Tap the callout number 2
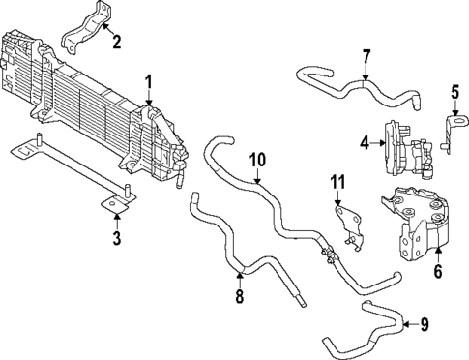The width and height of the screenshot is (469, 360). click(116, 41)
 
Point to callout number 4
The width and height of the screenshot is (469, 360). click(365, 143)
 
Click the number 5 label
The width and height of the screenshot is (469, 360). click(454, 93)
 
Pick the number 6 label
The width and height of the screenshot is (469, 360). click(437, 274)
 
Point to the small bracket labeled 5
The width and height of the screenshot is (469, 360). click(451, 131)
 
